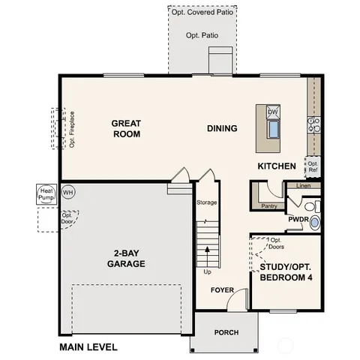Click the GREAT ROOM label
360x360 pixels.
pos(127,128)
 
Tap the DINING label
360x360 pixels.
pos(222,128)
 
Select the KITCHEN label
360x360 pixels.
pos(277,166)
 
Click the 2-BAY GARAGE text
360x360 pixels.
pos(126,258)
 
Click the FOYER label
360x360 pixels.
pos(222,289)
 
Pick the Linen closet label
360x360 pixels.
pos(303,185)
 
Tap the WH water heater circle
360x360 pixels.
pos(68,193)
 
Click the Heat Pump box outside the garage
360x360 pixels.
pos(45,196)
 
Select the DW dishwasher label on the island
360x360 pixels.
pos(273,112)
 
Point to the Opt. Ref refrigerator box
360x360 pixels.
pos(313,166)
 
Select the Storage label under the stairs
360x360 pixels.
pos(207,202)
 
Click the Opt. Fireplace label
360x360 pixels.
pos(72,130)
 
